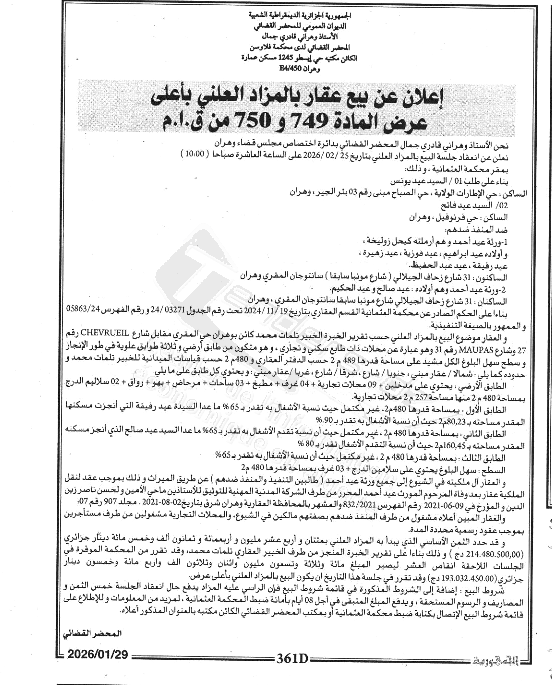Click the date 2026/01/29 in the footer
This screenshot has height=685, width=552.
(x=98, y=655)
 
